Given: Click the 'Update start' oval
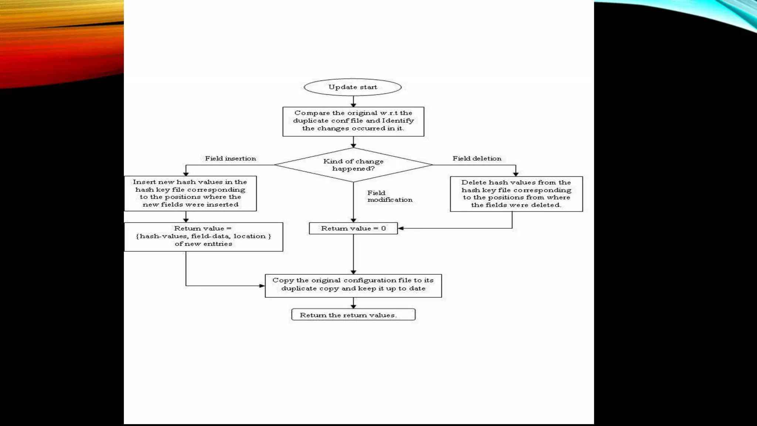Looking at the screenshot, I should coord(353,87).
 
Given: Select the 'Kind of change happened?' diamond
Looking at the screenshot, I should coord(353,165).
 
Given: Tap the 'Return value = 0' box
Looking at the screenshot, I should coord(353,229).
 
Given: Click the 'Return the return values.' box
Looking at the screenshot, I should coord(353,315).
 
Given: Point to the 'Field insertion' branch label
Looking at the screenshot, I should coord(230,159).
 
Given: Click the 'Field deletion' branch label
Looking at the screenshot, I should coord(477,159).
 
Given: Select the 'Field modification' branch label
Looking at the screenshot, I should coord(390,196).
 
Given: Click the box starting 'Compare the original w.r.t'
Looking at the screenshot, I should coord(353,121).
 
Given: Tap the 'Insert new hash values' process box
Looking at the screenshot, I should coord(190,193).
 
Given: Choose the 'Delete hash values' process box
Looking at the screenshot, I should coord(516,194).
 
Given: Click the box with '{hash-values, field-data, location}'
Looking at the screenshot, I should coord(203,237).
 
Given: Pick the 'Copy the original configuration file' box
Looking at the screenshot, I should coord(353,285).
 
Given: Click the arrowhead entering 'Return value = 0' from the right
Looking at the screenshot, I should coord(401,229).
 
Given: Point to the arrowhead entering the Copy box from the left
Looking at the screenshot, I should coord(262,286).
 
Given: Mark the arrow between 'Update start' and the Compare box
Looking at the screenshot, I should coord(353,101).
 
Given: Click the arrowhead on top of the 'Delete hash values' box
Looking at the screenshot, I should coord(516,174).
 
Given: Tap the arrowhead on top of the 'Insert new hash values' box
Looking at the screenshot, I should coord(186,173).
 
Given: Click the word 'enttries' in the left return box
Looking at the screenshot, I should coord(217,244).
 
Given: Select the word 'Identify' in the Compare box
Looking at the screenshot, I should coord(398,121).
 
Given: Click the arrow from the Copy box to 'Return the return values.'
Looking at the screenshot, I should coord(353,303).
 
